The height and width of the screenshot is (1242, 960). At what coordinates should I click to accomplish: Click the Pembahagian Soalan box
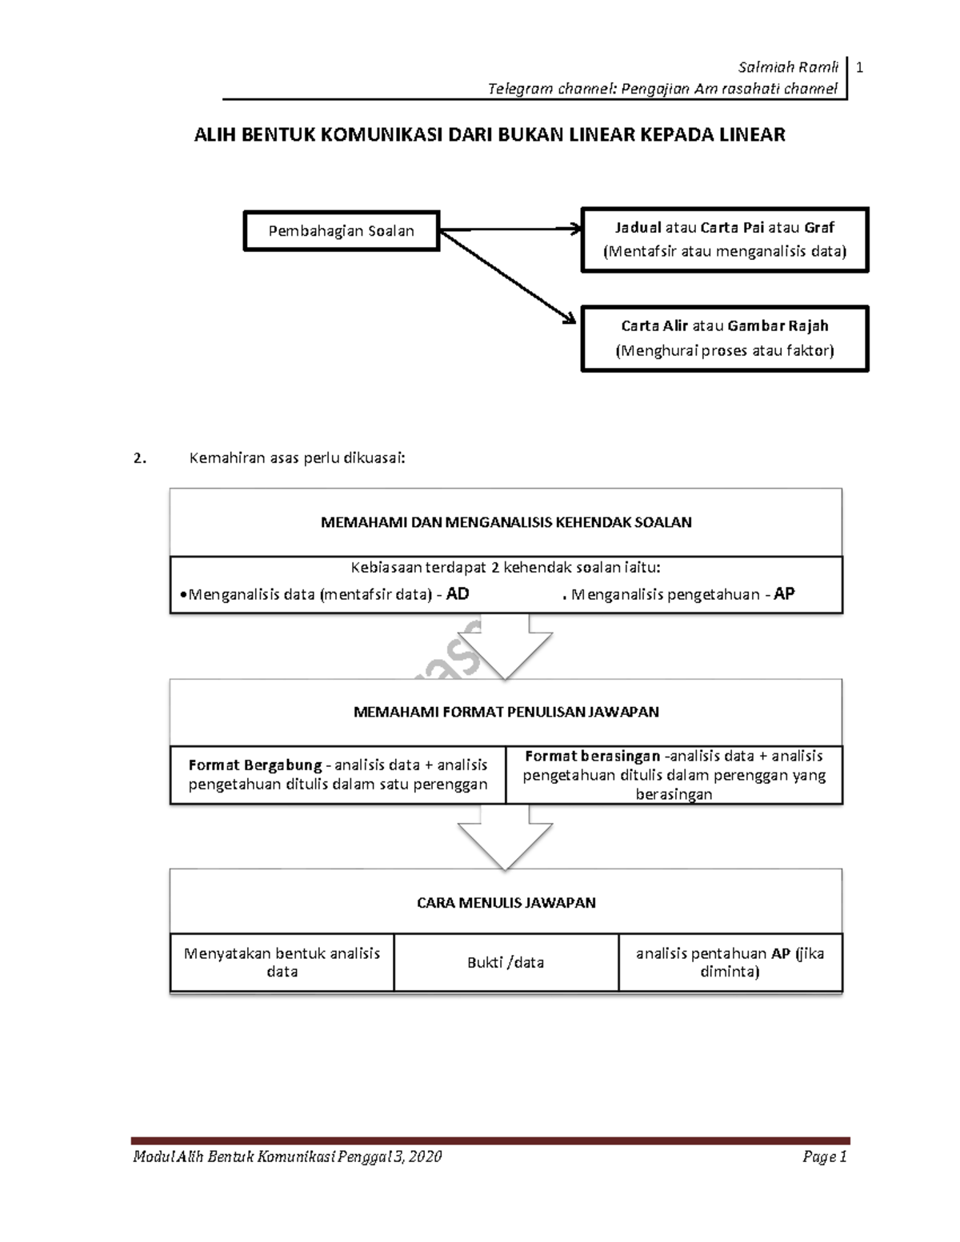[x=342, y=231]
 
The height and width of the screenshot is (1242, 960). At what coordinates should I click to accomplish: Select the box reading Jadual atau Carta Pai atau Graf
[x=725, y=240]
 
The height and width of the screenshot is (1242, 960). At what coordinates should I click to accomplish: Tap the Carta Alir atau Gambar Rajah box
[x=725, y=338]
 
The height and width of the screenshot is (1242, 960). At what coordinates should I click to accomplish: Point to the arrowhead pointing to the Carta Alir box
[x=568, y=318]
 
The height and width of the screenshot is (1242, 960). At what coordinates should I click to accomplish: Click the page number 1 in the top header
[x=859, y=68]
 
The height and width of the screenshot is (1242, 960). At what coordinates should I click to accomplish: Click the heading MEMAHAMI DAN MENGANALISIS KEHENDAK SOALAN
[x=506, y=522]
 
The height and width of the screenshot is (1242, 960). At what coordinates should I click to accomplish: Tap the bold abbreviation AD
[x=458, y=594]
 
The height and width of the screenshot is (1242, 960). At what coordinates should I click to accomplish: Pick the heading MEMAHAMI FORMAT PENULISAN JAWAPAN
[x=506, y=712]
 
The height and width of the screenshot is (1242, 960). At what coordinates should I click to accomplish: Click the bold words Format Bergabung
[x=254, y=765]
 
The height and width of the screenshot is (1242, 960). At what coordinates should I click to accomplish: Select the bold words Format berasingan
[x=592, y=756]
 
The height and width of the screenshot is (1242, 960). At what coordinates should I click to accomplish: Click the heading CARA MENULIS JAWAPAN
[x=506, y=903]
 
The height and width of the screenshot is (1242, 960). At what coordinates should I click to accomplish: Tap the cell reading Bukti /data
[x=506, y=962]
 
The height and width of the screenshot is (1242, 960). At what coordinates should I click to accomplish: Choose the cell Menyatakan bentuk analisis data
[x=282, y=962]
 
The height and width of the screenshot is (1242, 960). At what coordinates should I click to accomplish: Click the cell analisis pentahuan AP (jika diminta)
[x=730, y=962]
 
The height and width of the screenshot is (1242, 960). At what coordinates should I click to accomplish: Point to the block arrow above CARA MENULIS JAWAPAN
[x=505, y=840]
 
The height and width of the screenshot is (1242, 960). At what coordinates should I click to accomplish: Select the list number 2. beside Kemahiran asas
[x=141, y=458]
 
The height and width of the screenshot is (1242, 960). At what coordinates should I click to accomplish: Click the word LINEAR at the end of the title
[x=752, y=134]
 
